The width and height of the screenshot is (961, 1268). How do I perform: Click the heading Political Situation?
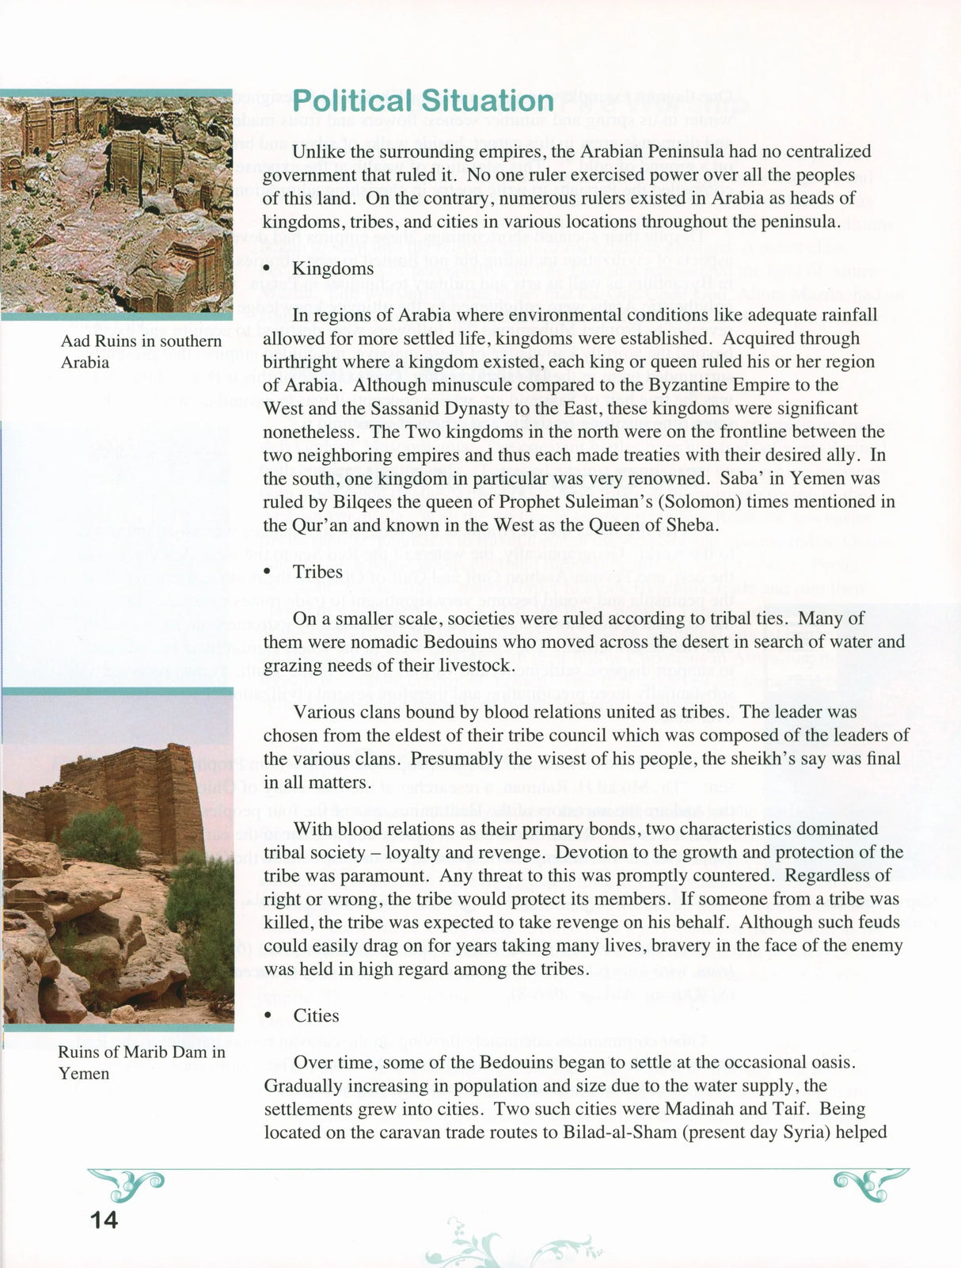(423, 102)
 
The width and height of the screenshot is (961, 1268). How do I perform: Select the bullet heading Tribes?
(317, 572)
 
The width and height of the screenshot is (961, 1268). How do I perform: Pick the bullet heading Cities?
(316, 1016)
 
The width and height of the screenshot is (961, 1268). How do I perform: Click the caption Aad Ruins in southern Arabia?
(141, 352)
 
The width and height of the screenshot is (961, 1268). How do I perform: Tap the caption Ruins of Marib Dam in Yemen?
(141, 1063)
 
